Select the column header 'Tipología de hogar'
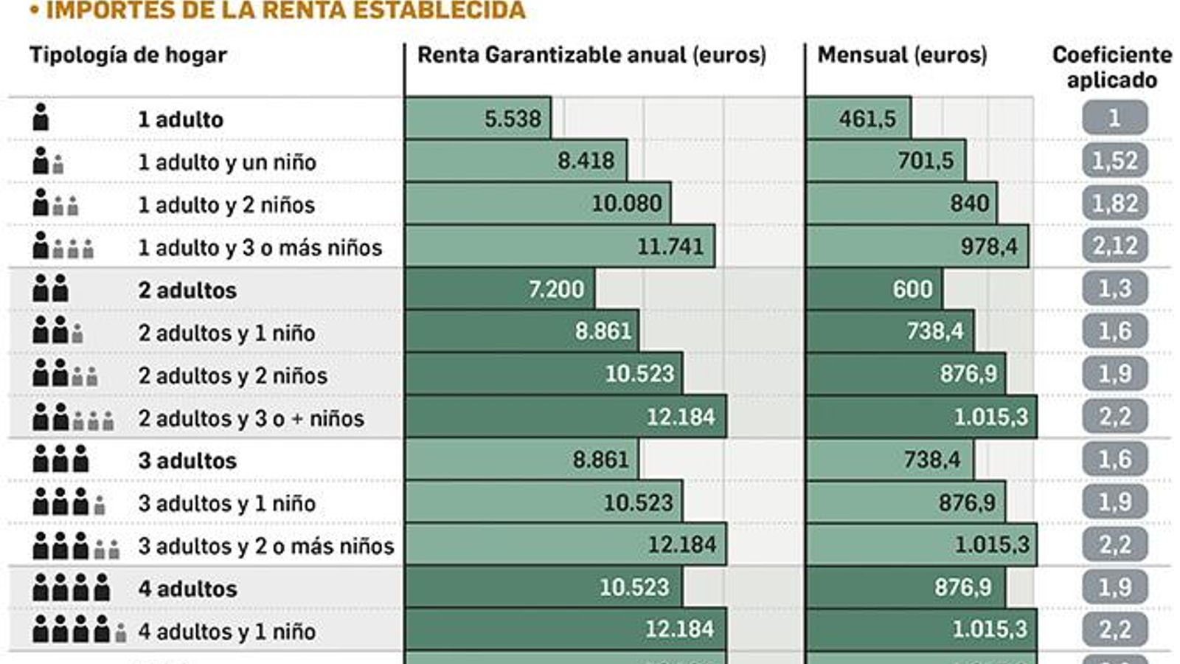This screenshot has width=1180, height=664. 128,55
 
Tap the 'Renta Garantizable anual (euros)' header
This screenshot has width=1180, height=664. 591,55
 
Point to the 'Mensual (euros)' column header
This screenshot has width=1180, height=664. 902,55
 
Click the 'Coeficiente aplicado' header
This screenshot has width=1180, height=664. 1111,67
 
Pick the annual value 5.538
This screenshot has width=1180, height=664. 513,119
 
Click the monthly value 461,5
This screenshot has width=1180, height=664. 867,119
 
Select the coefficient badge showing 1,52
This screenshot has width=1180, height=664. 1114,161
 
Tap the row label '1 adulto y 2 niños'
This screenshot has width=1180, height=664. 226,204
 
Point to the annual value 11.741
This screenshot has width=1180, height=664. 670,246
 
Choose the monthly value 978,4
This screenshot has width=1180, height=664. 988,246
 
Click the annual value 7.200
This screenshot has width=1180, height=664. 556,289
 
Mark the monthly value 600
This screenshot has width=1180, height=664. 912,289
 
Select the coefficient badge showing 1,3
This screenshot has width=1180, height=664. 1114,288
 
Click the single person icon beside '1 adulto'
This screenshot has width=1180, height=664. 41,118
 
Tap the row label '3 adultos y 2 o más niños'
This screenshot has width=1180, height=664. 266,546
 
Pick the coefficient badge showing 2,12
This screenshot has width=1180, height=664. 1114,246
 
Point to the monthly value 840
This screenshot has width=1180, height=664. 969,204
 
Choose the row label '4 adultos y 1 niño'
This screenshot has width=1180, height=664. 227,632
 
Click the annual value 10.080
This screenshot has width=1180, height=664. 627,204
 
